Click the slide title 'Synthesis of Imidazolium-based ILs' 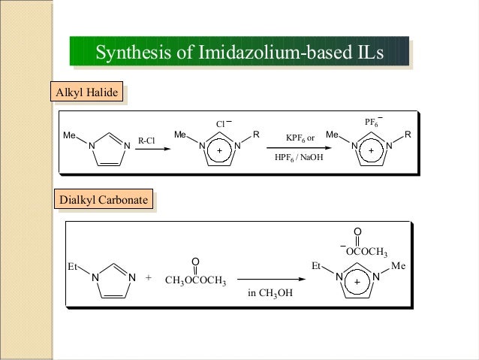(x=239, y=53)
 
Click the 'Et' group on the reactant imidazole (x=73, y=266)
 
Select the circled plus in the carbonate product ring (x=357, y=281)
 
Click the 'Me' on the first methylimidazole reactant (x=70, y=135)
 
